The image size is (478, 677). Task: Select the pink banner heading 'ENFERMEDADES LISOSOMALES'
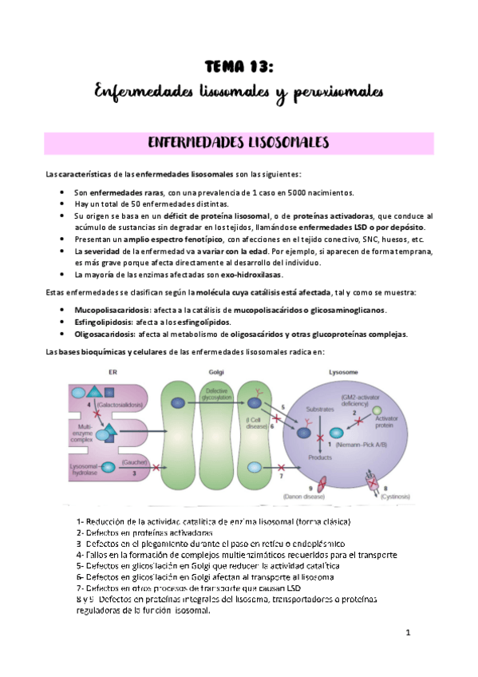point(239,144)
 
